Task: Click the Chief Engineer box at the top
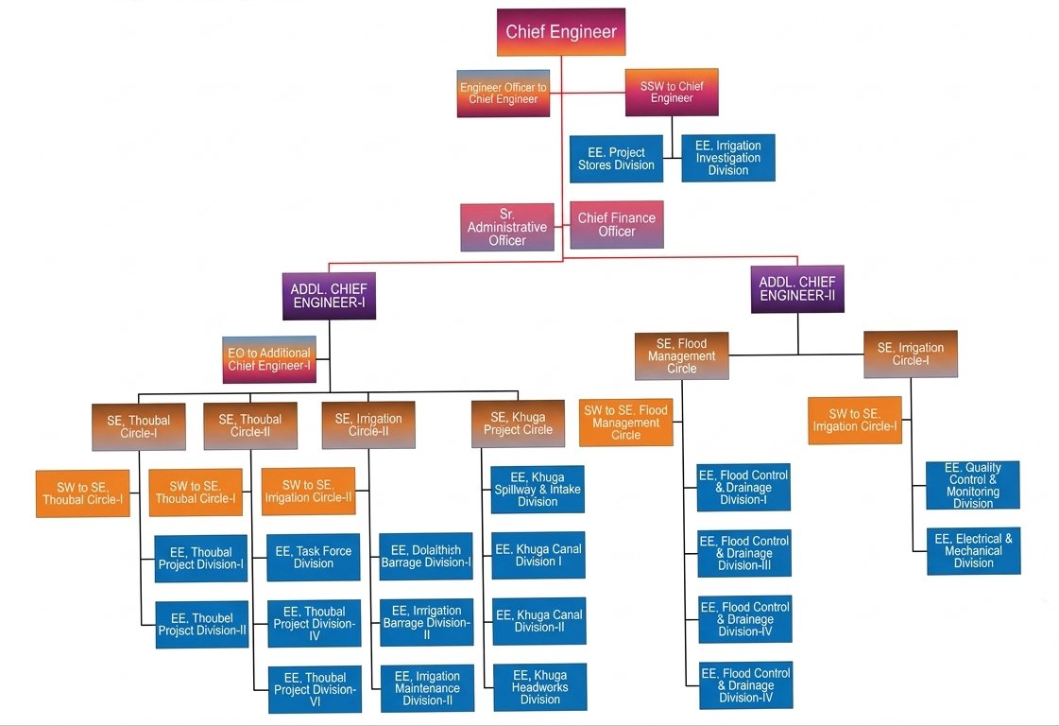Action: click(561, 31)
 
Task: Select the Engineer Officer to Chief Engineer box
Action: click(504, 94)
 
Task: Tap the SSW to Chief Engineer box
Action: click(672, 92)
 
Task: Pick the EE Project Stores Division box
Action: click(616, 159)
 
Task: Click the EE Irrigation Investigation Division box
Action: click(728, 158)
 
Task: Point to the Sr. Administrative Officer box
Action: click(507, 227)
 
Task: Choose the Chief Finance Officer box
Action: click(617, 225)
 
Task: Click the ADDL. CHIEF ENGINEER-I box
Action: click(329, 296)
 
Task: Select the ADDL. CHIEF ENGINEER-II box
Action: click(797, 288)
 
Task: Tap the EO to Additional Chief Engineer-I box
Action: click(269, 359)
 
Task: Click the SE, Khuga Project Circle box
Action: click(518, 423)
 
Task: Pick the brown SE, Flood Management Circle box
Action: click(682, 355)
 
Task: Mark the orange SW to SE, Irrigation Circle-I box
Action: click(855, 420)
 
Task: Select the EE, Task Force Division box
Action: click(314, 558)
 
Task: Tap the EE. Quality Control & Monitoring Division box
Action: click(973, 485)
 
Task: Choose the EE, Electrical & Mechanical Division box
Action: click(974, 551)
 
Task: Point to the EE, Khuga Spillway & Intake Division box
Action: click(538, 490)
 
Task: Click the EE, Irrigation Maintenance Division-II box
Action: click(426, 688)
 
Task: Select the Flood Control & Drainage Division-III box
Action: click(744, 553)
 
